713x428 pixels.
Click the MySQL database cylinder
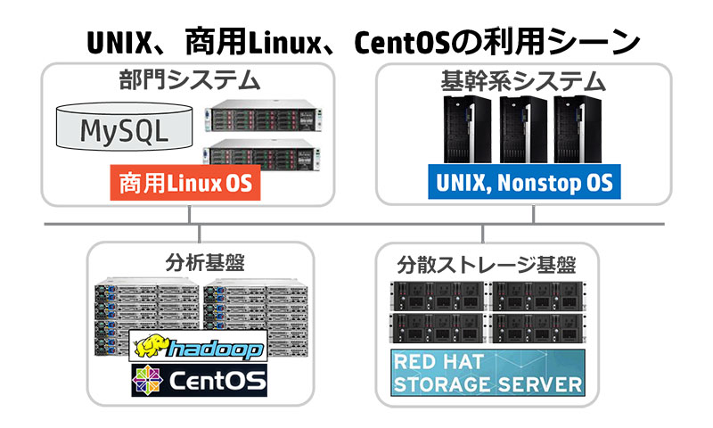tap(124, 127)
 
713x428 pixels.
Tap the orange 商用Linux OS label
tap(185, 183)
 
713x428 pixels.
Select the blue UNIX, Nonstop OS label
tap(524, 182)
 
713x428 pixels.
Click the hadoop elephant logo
tap(152, 347)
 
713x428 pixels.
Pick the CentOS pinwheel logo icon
tap(147, 380)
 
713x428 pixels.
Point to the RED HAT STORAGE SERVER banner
tap(488, 373)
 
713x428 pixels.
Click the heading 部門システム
tap(189, 80)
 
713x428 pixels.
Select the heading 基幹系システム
tap(523, 81)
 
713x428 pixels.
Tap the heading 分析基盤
tap(205, 263)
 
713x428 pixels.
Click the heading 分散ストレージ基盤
tap(487, 265)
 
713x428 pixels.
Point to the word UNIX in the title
tap(119, 43)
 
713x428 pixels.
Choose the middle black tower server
tap(523, 129)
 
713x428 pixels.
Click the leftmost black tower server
tap(467, 129)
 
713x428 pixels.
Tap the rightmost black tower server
tap(578, 129)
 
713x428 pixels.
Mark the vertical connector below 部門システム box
tap(189, 214)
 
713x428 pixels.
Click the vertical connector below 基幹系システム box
tap(533, 214)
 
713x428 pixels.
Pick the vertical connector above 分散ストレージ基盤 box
tap(482, 234)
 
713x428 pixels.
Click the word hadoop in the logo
tap(215, 350)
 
